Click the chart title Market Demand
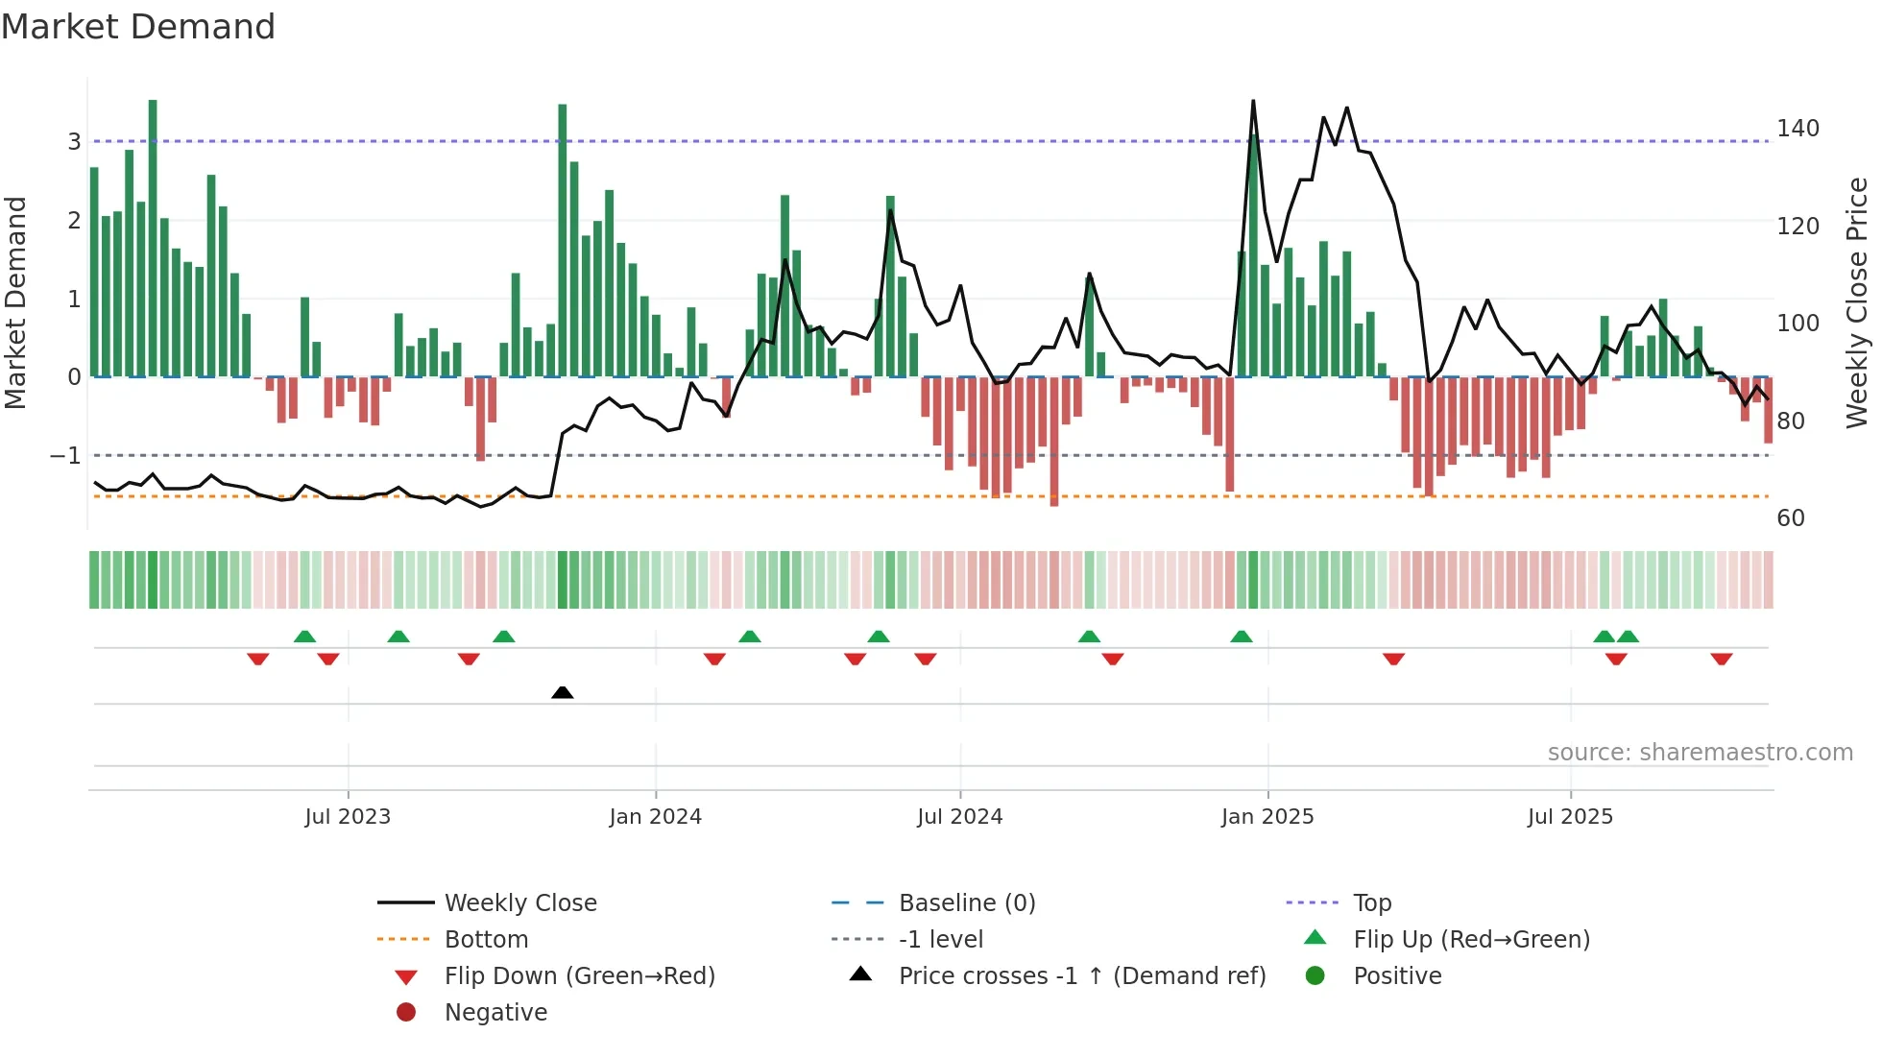(x=138, y=27)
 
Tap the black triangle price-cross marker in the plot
(x=563, y=692)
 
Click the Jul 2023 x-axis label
(x=348, y=817)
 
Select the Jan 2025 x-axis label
(x=1267, y=817)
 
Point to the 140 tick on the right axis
(x=1798, y=129)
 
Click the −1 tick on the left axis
(x=65, y=455)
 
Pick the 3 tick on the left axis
(x=74, y=142)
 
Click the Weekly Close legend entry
(x=519, y=903)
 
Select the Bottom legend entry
(x=486, y=940)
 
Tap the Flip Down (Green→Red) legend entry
(x=579, y=976)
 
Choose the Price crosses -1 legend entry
(x=1081, y=976)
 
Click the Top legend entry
(x=1371, y=903)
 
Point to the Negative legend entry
(x=495, y=1013)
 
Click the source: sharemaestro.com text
(x=1700, y=753)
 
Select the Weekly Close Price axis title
(x=1857, y=302)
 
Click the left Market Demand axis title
(x=15, y=302)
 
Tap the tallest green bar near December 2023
(x=563, y=240)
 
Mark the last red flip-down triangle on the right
(x=1721, y=659)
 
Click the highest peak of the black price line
(x=1253, y=102)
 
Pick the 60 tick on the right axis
(x=1791, y=518)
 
